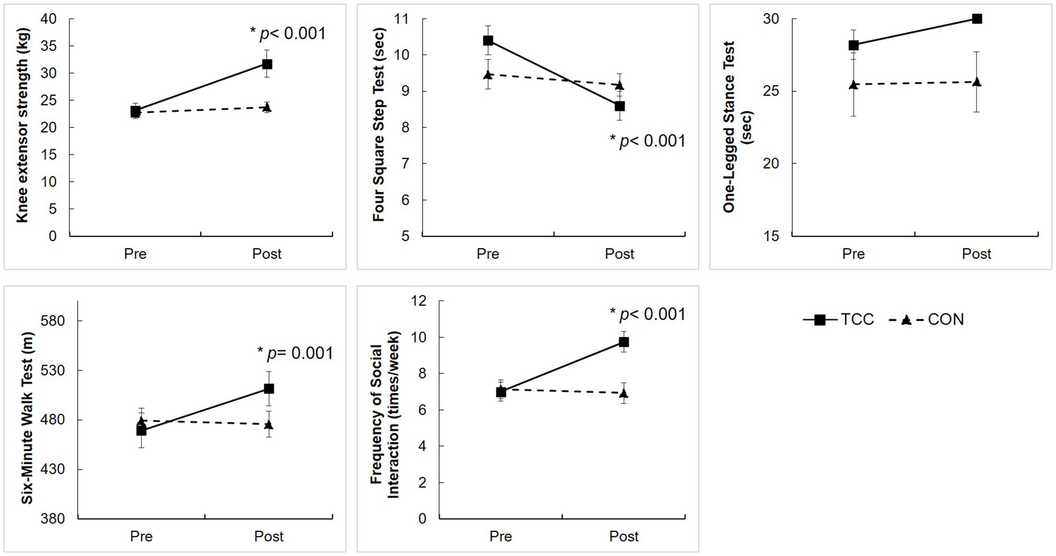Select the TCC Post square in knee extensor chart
(x=267, y=64)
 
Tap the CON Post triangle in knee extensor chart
(x=267, y=107)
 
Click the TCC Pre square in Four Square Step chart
(x=488, y=41)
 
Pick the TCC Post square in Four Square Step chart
(x=620, y=106)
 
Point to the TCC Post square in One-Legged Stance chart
(x=977, y=19)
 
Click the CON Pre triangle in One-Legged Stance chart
(x=853, y=84)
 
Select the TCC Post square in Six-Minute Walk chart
(x=269, y=389)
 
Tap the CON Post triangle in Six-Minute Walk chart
(x=269, y=424)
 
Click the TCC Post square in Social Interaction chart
(x=624, y=342)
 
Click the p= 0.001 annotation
(x=295, y=353)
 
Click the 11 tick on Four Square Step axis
(x=401, y=19)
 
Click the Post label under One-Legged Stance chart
(x=976, y=254)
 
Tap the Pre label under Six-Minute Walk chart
(x=141, y=536)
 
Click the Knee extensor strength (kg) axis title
(x=22, y=125)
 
